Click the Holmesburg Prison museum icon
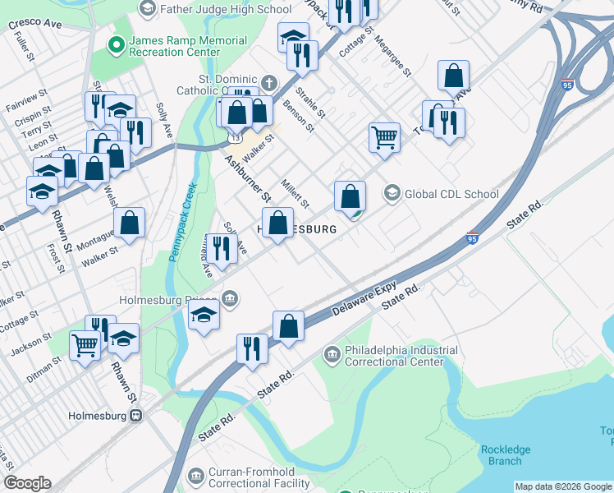[x=232, y=299]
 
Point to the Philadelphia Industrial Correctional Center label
[x=401, y=355]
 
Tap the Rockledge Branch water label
[x=505, y=455]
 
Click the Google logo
[x=27, y=483]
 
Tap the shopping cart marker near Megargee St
[x=384, y=137]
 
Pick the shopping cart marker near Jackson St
[x=85, y=345]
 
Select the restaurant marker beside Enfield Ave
[x=221, y=248]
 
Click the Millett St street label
[x=295, y=193]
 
